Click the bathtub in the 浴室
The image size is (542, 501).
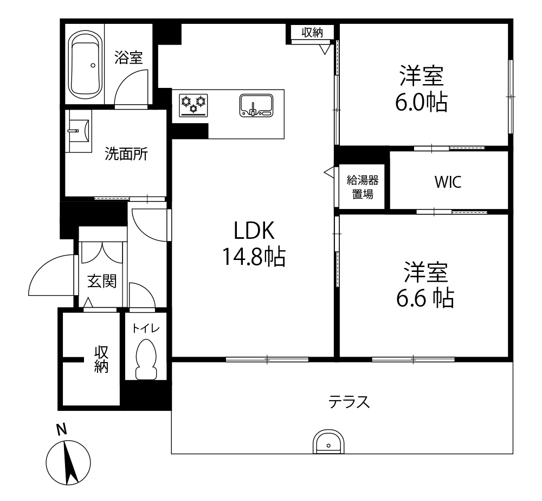pyautogui.click(x=86, y=65)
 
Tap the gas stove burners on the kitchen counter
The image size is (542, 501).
pyautogui.click(x=193, y=105)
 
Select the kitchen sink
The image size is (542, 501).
pyautogui.click(x=256, y=105)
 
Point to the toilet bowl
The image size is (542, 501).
pyautogui.click(x=146, y=359)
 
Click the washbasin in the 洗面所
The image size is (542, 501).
pyautogui.click(x=79, y=131)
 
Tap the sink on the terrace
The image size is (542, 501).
pyautogui.click(x=328, y=442)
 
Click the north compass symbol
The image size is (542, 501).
pyautogui.click(x=68, y=462)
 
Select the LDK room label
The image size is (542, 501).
pyautogui.click(x=254, y=231)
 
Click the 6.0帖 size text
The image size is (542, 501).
pyautogui.click(x=421, y=102)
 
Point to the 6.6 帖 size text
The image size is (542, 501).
pyautogui.click(x=425, y=298)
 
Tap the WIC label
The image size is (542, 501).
pyautogui.click(x=448, y=182)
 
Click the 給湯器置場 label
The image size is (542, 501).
pyautogui.click(x=363, y=187)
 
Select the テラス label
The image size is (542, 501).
pyautogui.click(x=349, y=402)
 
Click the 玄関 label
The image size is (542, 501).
pyautogui.click(x=102, y=281)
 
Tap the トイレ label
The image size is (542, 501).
pyautogui.click(x=146, y=328)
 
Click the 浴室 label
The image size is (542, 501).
pyautogui.click(x=128, y=58)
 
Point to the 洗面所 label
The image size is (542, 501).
pyautogui.click(x=126, y=154)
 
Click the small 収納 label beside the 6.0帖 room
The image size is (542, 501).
pyautogui.click(x=312, y=33)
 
